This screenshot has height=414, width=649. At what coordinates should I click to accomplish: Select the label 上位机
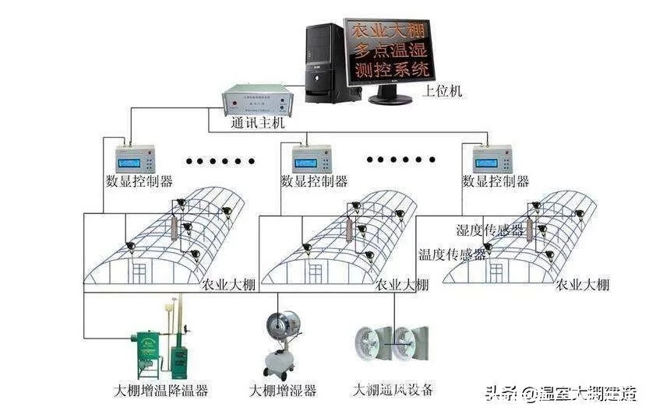tap(442, 91)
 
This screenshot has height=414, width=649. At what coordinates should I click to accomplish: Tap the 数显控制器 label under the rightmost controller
tap(496, 181)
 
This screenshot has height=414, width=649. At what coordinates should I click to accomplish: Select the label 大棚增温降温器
tap(160, 389)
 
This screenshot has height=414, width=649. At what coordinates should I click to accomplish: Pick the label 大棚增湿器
tap(283, 389)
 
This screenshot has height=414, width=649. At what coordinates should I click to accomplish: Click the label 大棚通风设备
tap(393, 388)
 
